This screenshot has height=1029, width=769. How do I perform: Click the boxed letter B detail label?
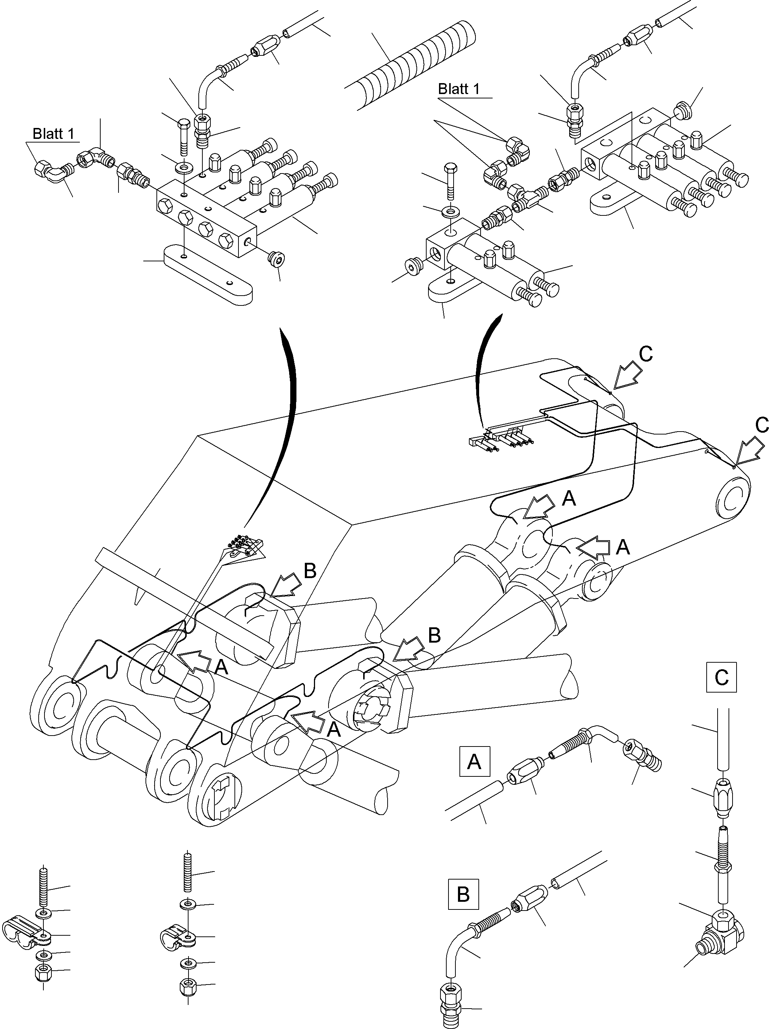tap(463, 894)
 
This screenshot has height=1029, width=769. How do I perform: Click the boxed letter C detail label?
tap(721, 677)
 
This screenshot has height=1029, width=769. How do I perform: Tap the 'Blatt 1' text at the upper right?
tap(459, 89)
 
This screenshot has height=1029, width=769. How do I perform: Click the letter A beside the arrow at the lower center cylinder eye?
tap(334, 729)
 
